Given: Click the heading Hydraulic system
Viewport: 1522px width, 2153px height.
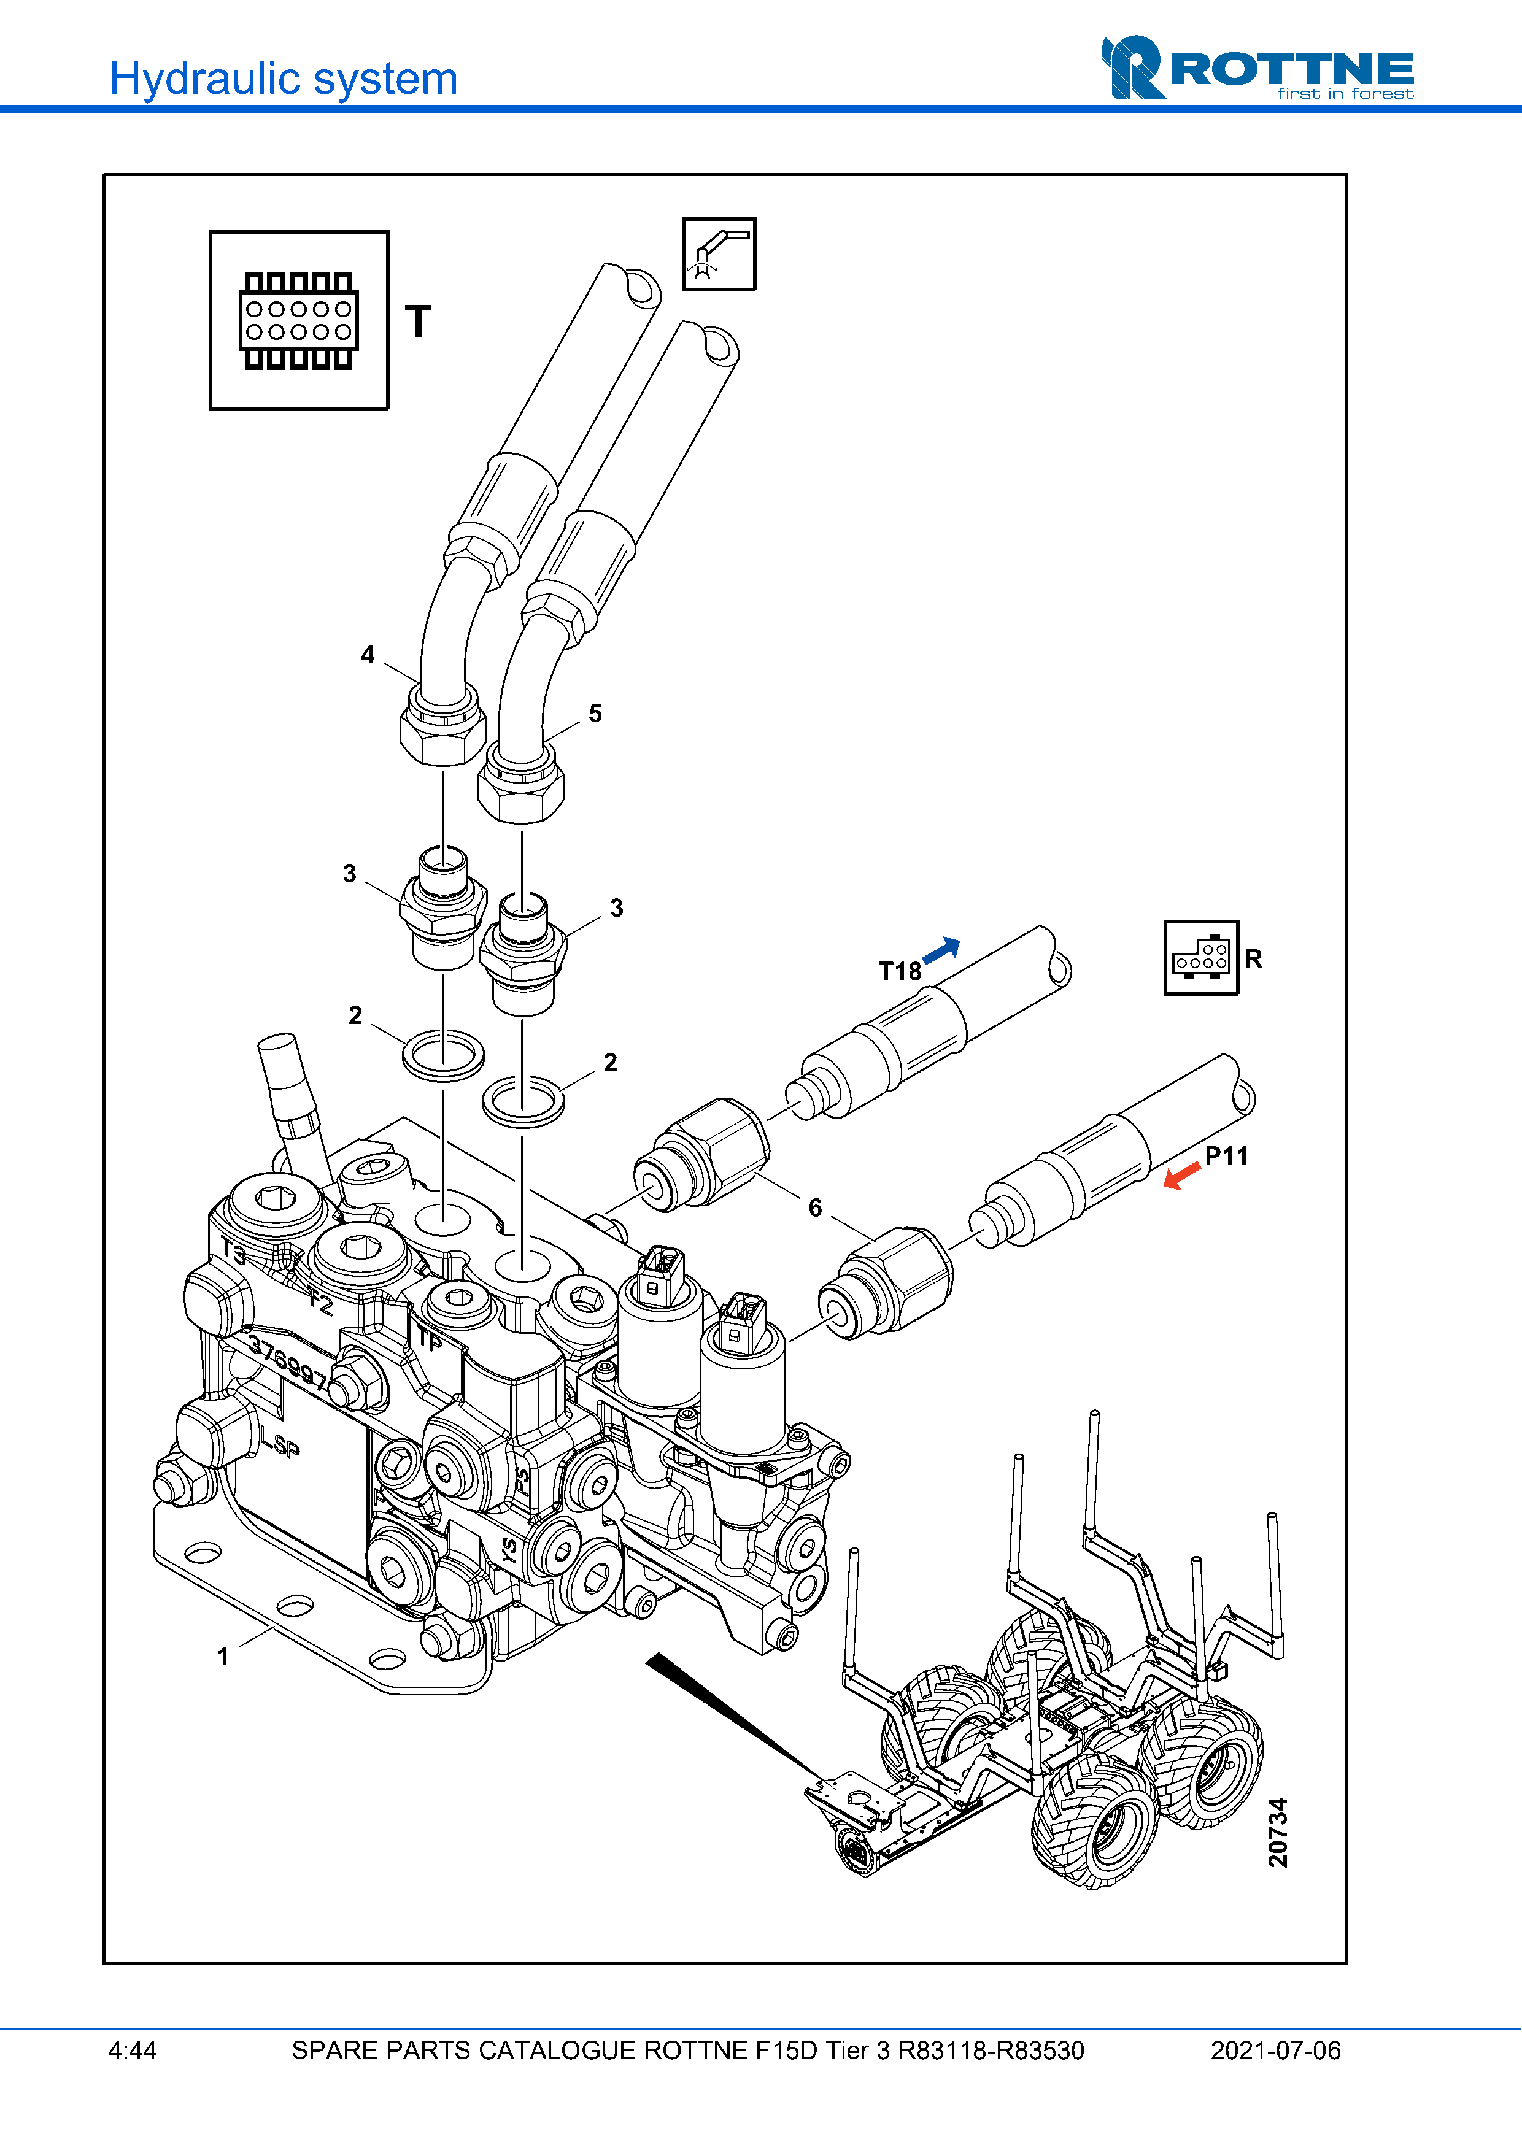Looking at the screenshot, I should coord(283,79).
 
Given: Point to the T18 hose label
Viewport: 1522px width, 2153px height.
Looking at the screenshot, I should coord(898,971).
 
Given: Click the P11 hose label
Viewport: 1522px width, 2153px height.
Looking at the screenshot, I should coord(1226,1155).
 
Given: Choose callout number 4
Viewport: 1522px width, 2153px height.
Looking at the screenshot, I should coord(368,655).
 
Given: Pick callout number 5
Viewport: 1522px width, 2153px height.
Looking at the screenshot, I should coord(595,714).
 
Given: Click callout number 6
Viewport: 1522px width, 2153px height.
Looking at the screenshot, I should coord(815,1207).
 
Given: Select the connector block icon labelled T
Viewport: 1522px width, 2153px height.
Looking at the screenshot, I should coord(298,321).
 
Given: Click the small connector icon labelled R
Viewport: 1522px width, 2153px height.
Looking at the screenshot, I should coord(1200,957).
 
